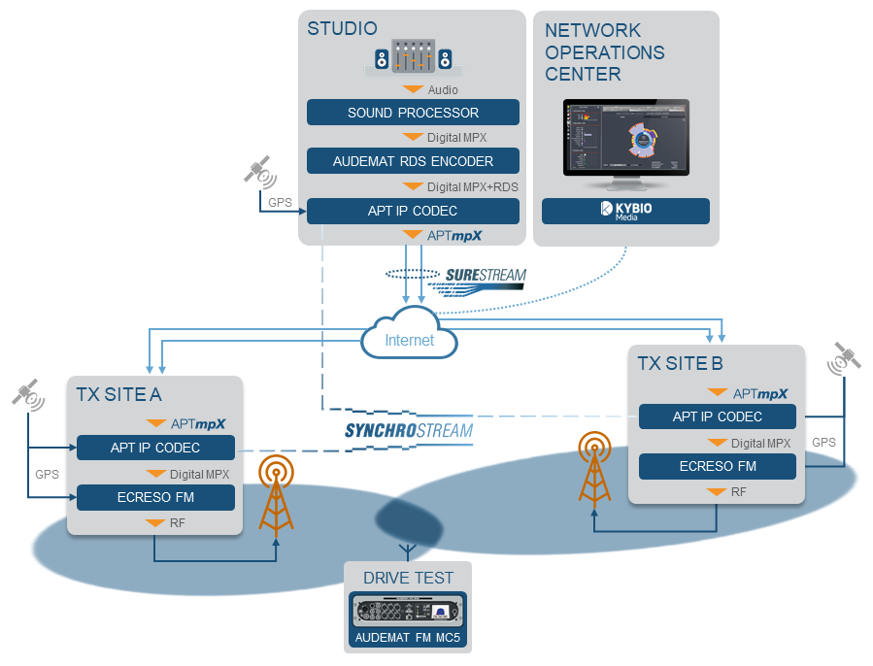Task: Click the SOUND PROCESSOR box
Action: pyautogui.click(x=413, y=113)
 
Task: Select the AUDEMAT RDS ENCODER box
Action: pyautogui.click(x=413, y=161)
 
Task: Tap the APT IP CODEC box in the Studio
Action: pyautogui.click(x=413, y=211)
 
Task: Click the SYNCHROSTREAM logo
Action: pyautogui.click(x=409, y=430)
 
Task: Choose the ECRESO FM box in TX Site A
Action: pyautogui.click(x=155, y=497)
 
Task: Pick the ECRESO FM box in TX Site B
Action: pyautogui.click(x=718, y=466)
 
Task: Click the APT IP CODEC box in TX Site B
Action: pyautogui.click(x=718, y=416)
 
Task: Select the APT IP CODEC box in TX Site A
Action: pyautogui.click(x=155, y=448)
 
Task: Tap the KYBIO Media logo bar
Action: pyautogui.click(x=625, y=211)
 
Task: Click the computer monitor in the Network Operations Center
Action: pyautogui.click(x=625, y=140)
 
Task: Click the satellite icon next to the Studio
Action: pyautogui.click(x=259, y=172)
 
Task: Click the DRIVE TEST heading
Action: pyautogui.click(x=408, y=578)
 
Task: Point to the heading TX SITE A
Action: pyautogui.click(x=119, y=394)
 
